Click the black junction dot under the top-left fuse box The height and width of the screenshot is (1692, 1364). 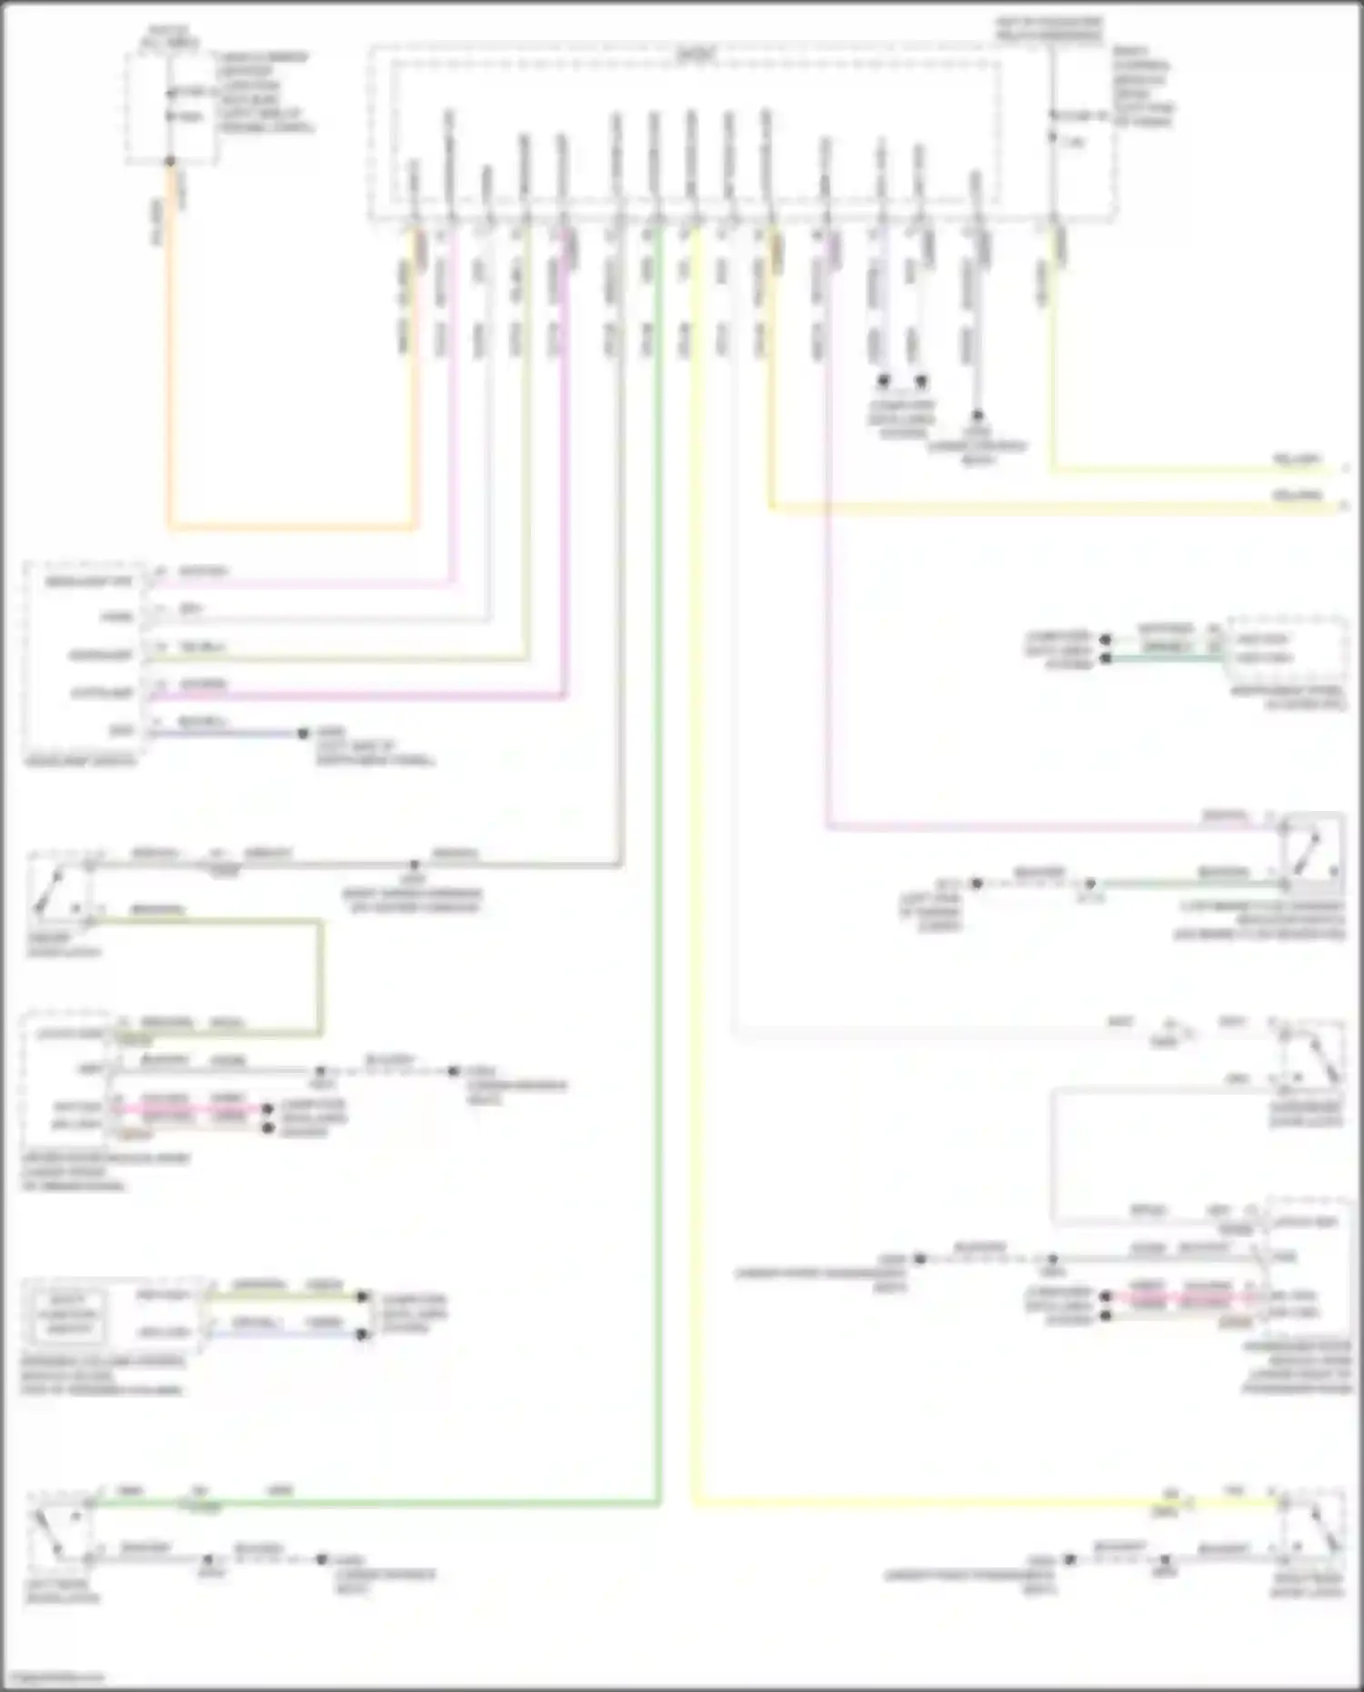(170, 162)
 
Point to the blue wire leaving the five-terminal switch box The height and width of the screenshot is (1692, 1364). (227, 733)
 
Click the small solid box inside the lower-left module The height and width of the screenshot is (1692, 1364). (67, 1314)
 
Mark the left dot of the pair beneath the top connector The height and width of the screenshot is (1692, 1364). (883, 381)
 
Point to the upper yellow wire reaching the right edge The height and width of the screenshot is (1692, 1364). (1182, 471)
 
